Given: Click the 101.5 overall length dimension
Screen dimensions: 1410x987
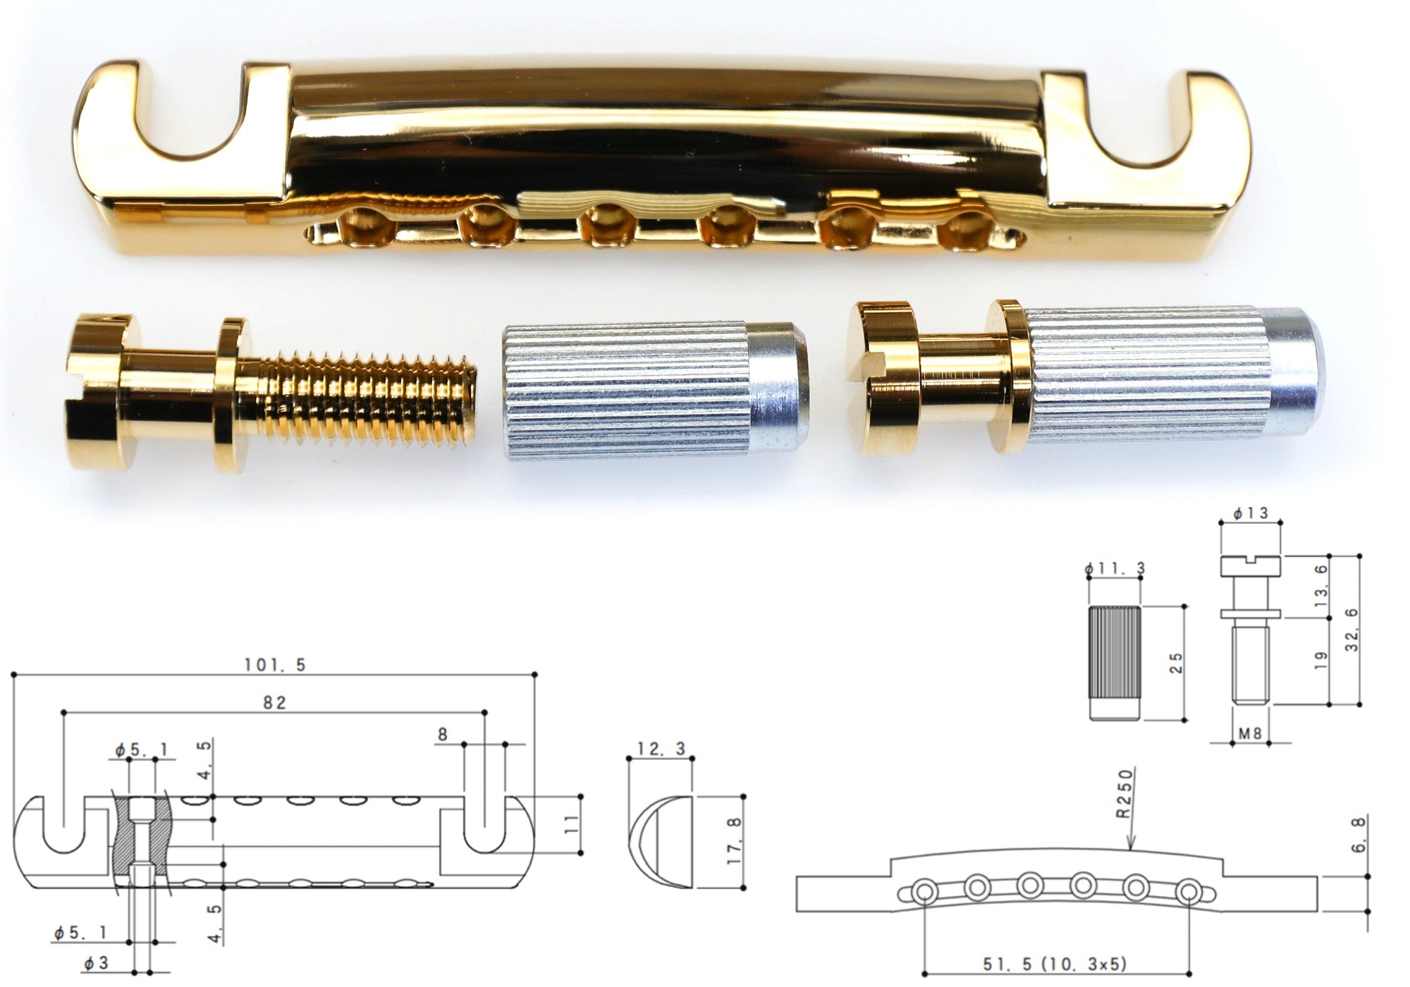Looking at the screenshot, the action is click(x=275, y=665).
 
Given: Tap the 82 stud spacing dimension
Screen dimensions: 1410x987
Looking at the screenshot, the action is click(x=274, y=703).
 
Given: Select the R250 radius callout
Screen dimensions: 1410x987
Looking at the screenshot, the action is click(x=1124, y=793).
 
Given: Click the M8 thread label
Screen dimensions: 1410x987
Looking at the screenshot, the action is click(x=1250, y=733).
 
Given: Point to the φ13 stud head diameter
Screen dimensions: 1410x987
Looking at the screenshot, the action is click(x=1251, y=513).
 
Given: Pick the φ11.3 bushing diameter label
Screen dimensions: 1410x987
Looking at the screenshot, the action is click(x=1115, y=568).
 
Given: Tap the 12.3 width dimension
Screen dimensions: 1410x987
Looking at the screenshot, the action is click(x=661, y=749).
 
